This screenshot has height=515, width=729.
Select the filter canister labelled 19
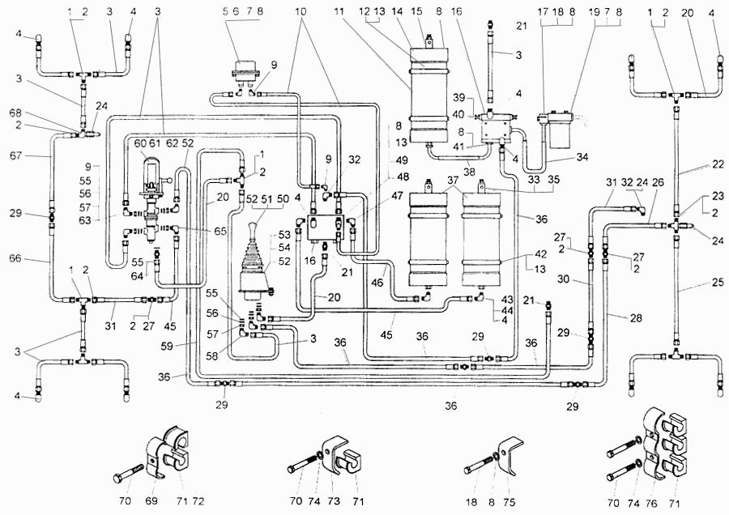(x=559, y=131)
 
